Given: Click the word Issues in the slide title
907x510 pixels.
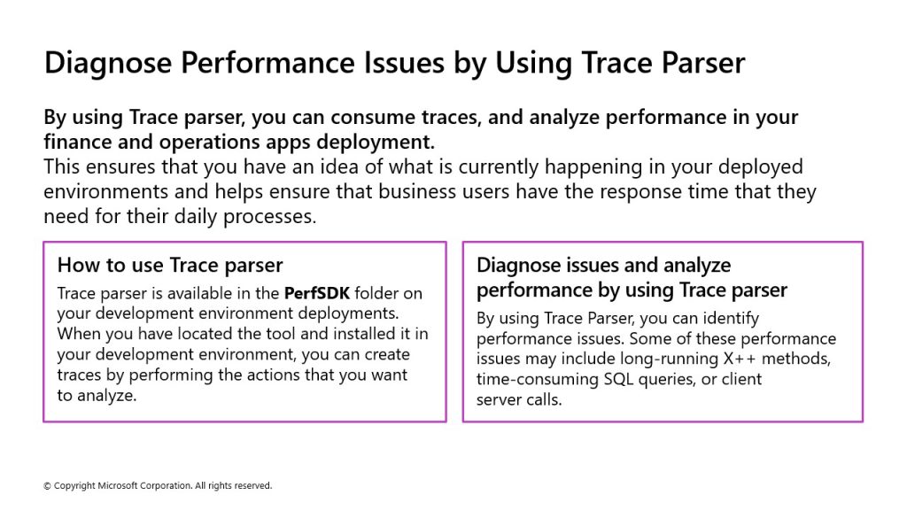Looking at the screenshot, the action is (x=404, y=63).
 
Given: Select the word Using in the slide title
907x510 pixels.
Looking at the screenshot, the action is (x=533, y=64).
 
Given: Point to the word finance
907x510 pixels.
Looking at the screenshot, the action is (x=78, y=142).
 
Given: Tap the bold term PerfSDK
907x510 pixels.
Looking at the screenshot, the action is (x=317, y=293).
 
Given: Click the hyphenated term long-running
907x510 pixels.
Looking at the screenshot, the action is (x=670, y=359).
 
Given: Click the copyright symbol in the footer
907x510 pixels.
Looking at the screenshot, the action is (x=48, y=486).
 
